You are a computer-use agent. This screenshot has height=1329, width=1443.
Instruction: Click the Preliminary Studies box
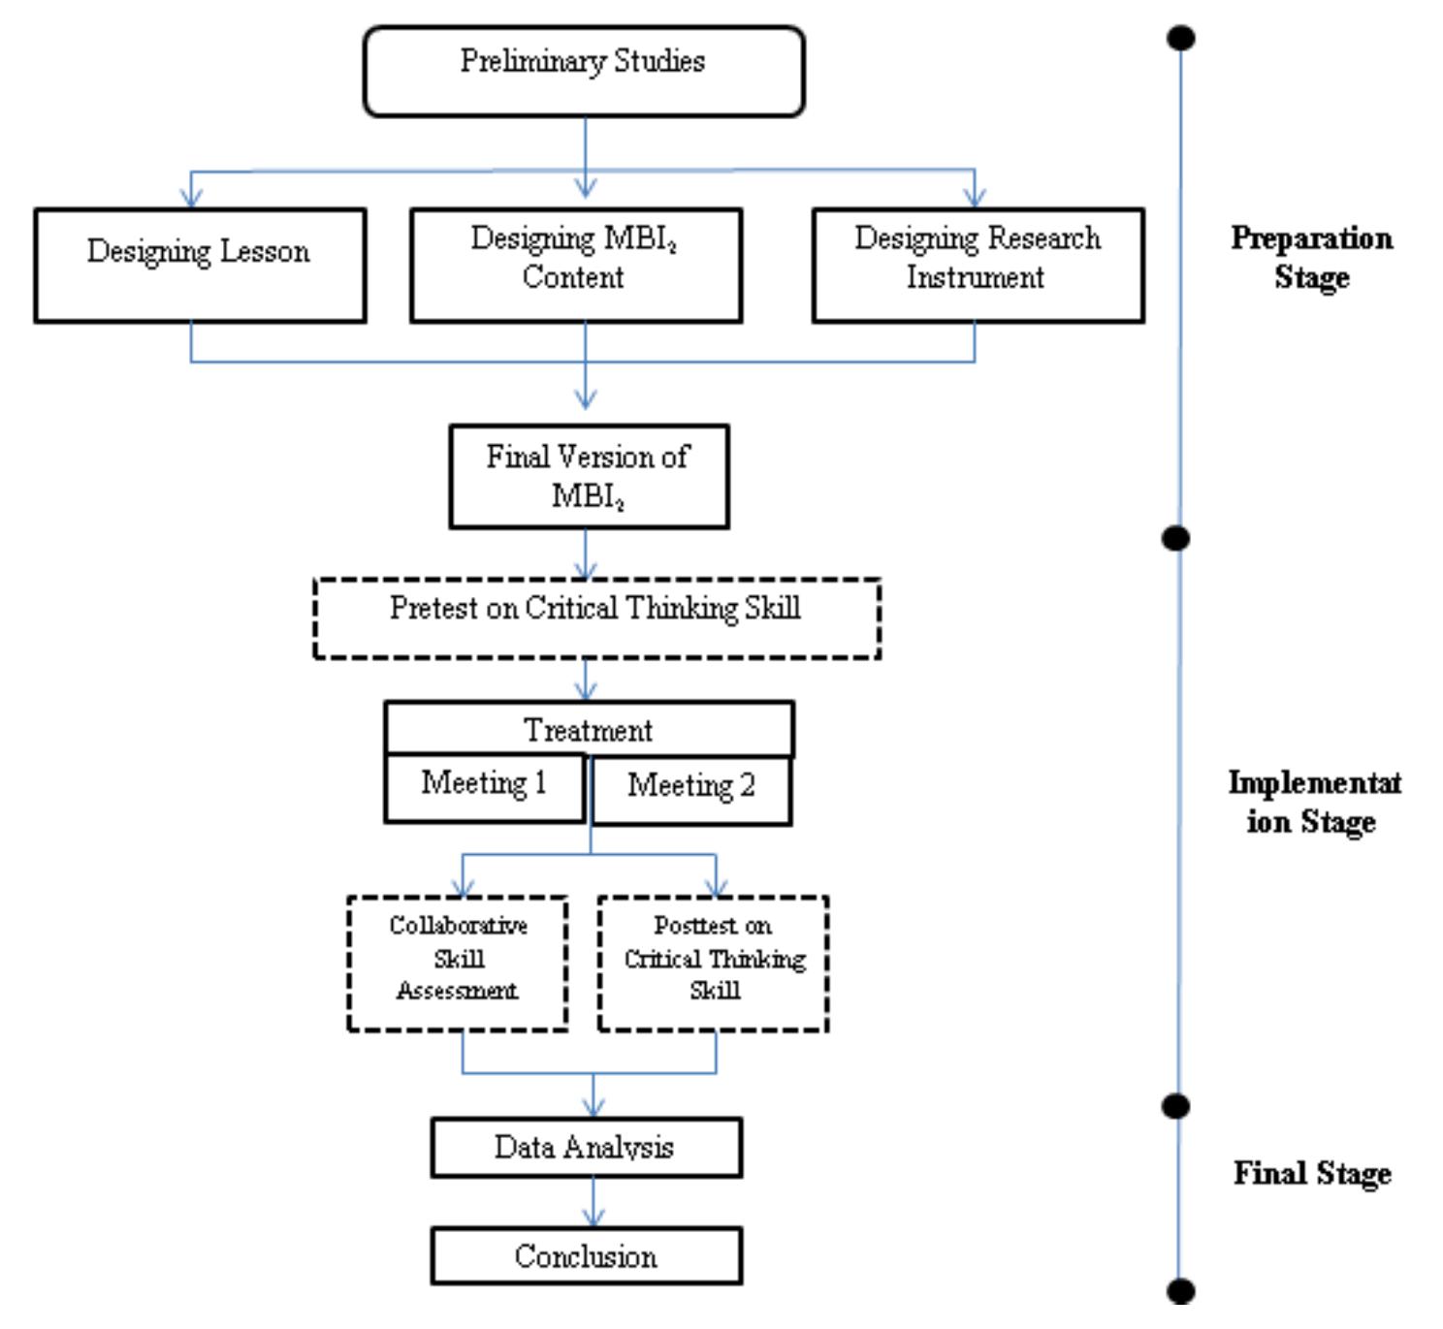tap(583, 72)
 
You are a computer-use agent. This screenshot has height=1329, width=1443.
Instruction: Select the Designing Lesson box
tap(200, 265)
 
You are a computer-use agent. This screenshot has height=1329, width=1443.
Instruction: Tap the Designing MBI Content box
tap(576, 265)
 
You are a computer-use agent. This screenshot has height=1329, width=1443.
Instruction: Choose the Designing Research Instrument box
tap(978, 265)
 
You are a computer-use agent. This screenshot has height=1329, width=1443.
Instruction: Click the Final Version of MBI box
tap(589, 476)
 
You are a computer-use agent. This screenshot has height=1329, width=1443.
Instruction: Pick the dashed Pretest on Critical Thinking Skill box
tap(596, 617)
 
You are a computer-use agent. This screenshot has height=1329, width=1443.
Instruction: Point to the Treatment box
tap(589, 729)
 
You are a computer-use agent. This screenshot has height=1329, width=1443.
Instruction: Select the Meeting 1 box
tap(485, 788)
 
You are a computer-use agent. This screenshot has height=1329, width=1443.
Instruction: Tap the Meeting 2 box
tap(691, 791)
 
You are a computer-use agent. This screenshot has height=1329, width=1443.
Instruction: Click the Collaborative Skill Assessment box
tap(458, 963)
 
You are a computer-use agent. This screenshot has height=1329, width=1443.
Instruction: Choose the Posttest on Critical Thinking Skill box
tap(714, 963)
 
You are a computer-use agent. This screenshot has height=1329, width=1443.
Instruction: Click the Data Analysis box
tap(586, 1148)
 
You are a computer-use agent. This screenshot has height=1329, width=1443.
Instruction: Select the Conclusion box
tap(586, 1256)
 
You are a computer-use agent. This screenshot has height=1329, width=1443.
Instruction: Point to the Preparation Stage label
tap(1311, 258)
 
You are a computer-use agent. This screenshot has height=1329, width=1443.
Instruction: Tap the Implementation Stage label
tap(1313, 802)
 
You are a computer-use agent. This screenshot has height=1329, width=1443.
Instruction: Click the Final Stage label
tap(1312, 1174)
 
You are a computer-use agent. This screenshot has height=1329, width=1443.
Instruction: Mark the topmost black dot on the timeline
tap(1180, 38)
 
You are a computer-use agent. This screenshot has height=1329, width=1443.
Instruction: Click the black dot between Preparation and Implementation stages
tap(1176, 538)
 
